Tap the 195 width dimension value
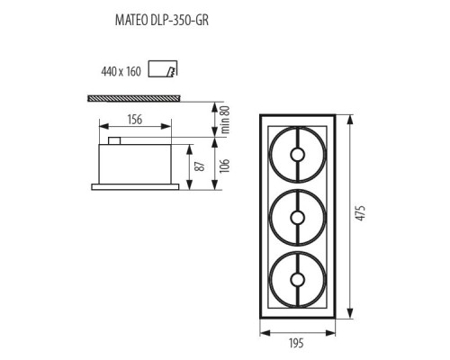coord(297,343)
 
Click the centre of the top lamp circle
coord(297,155)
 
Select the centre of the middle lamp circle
coord(297,217)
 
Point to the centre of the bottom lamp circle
coord(297,279)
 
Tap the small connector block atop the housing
coord(114,140)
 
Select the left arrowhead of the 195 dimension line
coord(262,333)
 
